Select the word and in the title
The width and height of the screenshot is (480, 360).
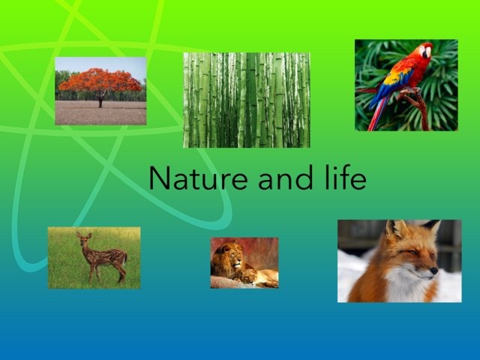click(x=281, y=178)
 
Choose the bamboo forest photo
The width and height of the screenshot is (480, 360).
click(x=246, y=99)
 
